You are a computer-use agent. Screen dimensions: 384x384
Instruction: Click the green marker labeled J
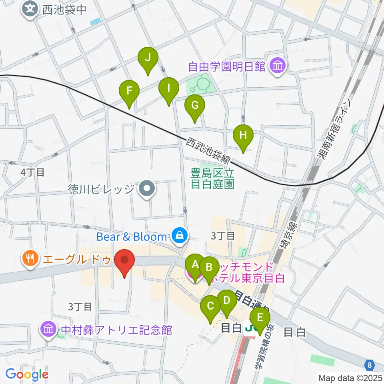tap(148, 58)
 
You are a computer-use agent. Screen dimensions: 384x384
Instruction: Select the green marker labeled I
tap(168, 88)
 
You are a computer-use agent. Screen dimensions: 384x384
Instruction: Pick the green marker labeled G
tap(195, 106)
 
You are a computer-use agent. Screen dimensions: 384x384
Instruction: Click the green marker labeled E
tap(260, 318)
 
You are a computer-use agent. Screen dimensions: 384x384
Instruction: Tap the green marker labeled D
tap(227, 301)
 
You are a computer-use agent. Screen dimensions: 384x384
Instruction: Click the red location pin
tap(125, 260)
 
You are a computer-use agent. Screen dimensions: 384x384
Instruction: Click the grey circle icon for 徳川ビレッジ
tap(147, 188)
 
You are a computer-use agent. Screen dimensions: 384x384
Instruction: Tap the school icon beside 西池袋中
tap(31, 8)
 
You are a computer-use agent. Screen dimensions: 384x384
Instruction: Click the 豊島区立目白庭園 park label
tap(212, 178)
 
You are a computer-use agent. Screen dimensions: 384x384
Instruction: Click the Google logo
tap(27, 374)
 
